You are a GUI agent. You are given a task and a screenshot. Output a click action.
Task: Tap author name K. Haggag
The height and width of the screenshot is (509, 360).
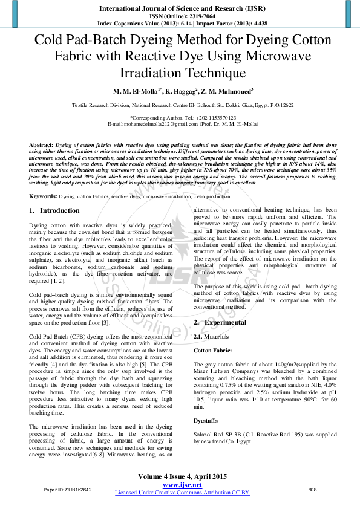tap(181, 91)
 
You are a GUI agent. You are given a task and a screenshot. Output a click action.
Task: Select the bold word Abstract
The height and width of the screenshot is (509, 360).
tap(41, 146)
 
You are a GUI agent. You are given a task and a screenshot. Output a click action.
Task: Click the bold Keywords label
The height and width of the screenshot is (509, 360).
tap(44, 197)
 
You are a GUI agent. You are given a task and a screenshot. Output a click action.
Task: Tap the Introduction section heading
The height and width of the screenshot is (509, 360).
tap(59, 210)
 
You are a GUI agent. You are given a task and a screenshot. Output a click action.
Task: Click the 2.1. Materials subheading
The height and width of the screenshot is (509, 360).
tap(211, 336)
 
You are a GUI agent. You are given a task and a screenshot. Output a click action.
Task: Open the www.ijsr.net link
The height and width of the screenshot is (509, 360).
tap(182, 485)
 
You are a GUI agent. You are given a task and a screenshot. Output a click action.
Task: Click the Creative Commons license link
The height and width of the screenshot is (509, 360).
tap(182, 493)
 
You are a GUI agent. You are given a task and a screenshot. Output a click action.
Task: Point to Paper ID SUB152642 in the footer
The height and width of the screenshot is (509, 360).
tap(68, 489)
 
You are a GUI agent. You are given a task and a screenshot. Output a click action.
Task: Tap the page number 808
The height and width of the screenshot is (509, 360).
tap(313, 489)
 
